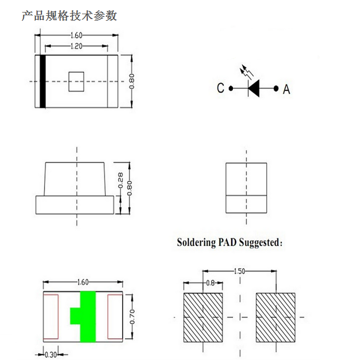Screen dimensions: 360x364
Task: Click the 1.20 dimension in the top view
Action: (76, 46)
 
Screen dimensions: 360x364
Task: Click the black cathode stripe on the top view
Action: (43, 82)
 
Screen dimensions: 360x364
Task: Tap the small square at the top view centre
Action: (76, 82)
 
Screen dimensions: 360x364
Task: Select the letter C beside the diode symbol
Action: (220, 88)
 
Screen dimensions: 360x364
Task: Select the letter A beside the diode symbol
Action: (286, 89)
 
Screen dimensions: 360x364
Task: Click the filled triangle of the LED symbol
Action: (254, 88)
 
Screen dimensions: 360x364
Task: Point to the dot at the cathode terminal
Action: (231, 88)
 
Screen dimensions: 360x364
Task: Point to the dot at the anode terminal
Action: (276, 88)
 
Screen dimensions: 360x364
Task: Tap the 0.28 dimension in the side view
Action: (121, 180)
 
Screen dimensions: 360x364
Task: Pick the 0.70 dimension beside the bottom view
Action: (132, 317)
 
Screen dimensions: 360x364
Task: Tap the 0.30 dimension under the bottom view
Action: (51, 355)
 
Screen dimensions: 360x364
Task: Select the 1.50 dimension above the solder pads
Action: (239, 271)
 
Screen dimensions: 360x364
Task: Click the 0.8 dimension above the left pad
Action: (211, 283)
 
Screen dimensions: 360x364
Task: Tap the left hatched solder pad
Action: (203, 317)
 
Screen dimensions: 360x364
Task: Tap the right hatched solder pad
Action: (275, 317)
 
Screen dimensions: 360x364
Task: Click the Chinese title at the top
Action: (69, 16)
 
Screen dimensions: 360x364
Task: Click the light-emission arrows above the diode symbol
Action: (247, 71)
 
